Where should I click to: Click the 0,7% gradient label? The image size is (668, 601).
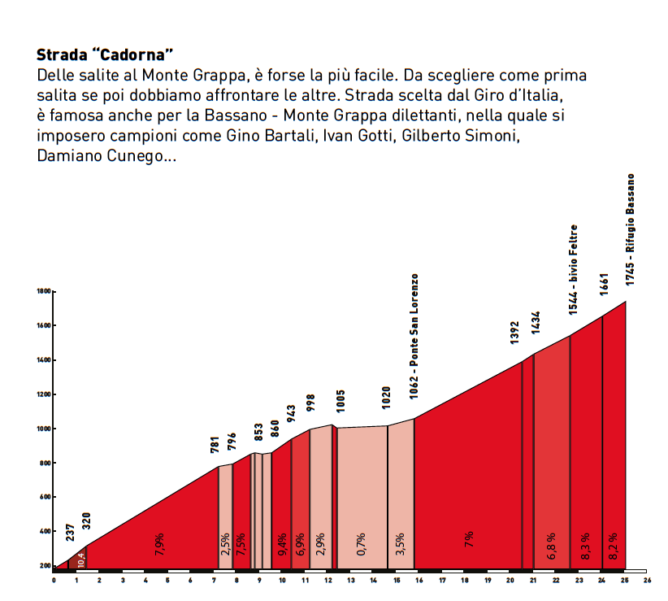click(x=362, y=542)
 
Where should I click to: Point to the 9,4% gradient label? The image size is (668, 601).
click(x=282, y=543)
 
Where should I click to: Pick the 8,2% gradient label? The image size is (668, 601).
click(x=614, y=542)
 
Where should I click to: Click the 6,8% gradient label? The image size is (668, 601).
click(x=551, y=542)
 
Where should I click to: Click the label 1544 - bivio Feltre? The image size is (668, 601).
click(x=573, y=269)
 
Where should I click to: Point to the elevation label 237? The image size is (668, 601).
click(x=71, y=532)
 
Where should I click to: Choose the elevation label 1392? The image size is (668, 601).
click(x=514, y=333)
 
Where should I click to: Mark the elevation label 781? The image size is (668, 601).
click(x=215, y=445)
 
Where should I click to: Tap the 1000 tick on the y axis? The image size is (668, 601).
click(x=44, y=429)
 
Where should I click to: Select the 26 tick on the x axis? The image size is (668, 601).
click(x=647, y=581)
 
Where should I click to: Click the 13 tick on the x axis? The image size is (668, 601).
click(x=350, y=581)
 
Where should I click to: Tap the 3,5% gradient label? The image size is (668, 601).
click(x=400, y=542)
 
